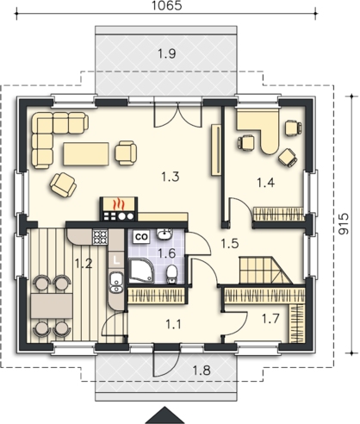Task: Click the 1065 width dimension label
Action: pos(166,5)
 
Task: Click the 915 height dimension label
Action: pos(343,224)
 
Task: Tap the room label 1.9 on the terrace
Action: pos(167,53)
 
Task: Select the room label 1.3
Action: pos(170,177)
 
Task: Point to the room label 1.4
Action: pos(265,183)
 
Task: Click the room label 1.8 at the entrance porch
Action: pos(202,371)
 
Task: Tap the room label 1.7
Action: pos(270,318)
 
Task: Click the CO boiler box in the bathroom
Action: pos(141,237)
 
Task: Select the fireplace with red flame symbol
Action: pos(119,209)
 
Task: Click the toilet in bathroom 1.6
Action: pos(171,274)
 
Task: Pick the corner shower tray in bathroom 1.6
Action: pos(141,271)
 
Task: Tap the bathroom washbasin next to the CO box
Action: pos(164,234)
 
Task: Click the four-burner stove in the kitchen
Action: pos(100,237)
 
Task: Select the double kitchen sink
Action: pos(116,283)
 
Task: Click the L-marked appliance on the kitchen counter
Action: pos(115,260)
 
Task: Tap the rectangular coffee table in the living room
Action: pos(86,153)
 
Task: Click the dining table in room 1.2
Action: pos(52,306)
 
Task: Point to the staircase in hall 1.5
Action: pos(265,270)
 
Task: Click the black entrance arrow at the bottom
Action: pos(165,415)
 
